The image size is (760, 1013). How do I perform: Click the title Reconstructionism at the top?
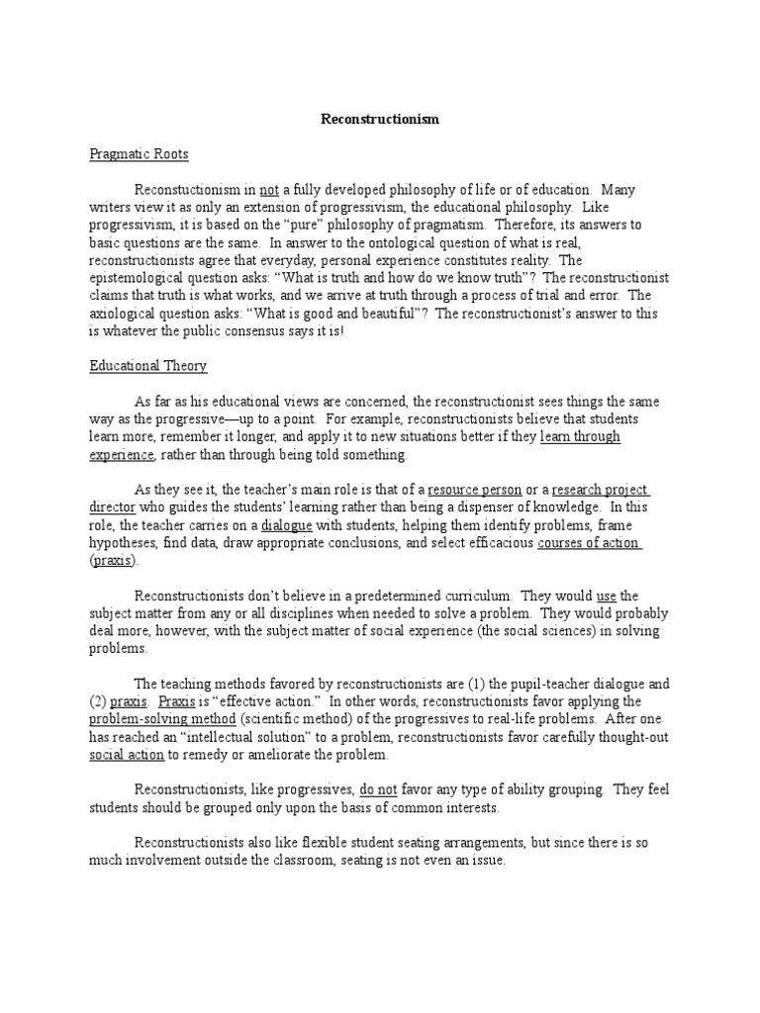pyautogui.click(x=380, y=120)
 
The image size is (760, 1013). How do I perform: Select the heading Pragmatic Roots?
pyautogui.click(x=139, y=154)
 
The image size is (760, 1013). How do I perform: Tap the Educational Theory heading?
pyautogui.click(x=148, y=366)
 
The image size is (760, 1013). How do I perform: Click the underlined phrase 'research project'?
pyautogui.click(x=601, y=490)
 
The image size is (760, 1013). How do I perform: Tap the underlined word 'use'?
pyautogui.click(x=607, y=596)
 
